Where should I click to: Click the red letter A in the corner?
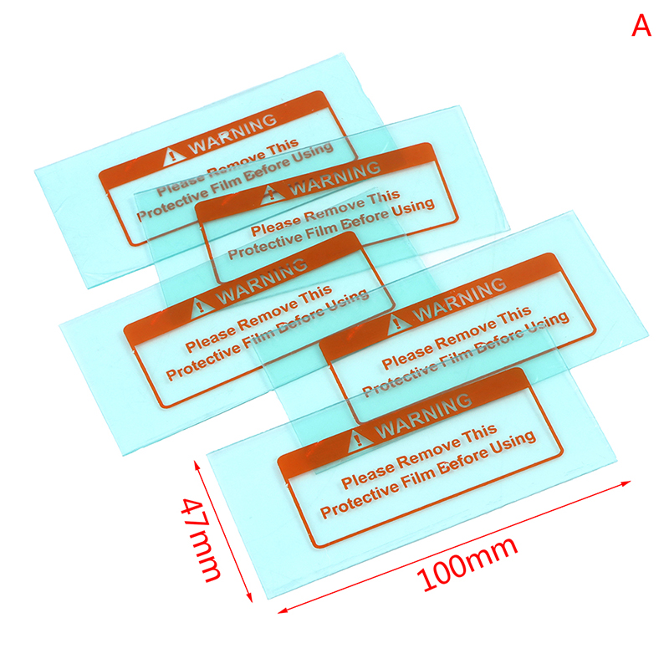tap(641, 27)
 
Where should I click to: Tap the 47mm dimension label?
tap(202, 539)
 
